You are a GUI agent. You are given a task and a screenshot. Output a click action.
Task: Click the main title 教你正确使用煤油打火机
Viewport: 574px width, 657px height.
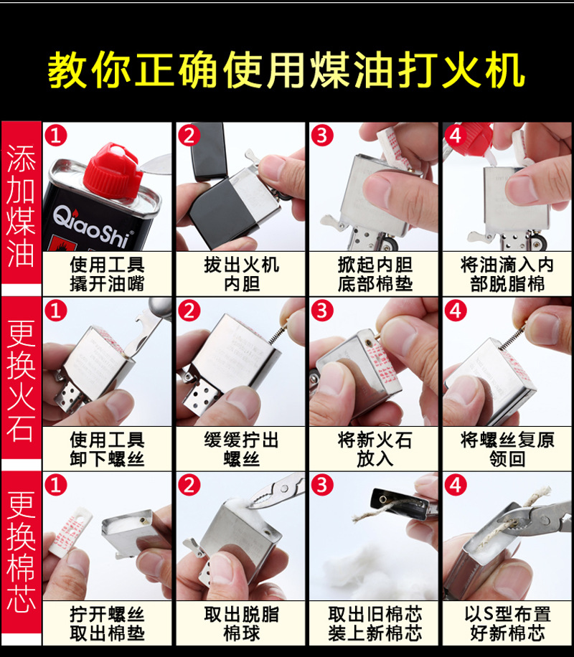[286, 70]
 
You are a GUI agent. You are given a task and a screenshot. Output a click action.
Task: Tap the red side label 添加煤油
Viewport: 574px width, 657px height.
[21, 208]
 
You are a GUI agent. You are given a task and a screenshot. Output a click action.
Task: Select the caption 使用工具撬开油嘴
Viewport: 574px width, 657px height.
[107, 274]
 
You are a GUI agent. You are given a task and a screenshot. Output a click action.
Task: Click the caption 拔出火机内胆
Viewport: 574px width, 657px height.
[241, 274]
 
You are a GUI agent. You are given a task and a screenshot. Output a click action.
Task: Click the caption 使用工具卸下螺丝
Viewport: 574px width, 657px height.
[107, 449]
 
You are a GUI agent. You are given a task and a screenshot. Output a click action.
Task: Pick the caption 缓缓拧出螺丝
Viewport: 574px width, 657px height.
[241, 449]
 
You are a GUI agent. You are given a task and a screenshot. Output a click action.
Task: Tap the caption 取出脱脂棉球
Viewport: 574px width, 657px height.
[241, 624]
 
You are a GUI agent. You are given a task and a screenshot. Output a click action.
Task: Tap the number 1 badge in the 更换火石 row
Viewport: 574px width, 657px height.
[56, 310]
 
